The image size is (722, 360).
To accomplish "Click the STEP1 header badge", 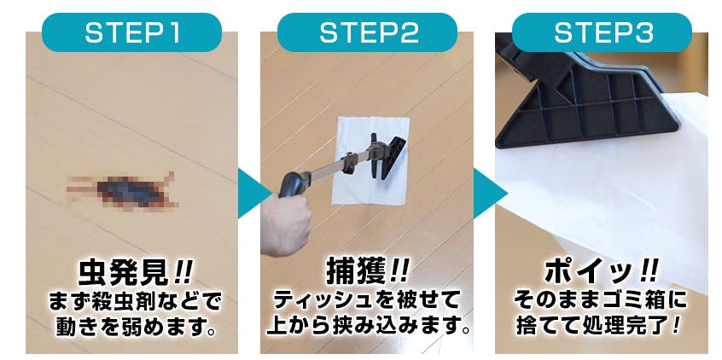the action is point(131,32).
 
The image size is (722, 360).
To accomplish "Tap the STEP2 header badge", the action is point(367,32).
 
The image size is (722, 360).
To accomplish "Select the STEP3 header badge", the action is point(602,32).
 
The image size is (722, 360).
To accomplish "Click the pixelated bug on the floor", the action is point(122,191).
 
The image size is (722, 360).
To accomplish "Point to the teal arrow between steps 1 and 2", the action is point(253,193).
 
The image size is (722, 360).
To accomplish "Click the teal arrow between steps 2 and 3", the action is point(488,193).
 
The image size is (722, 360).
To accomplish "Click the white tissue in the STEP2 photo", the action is point(370,160).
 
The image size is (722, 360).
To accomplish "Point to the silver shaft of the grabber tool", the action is point(339,165).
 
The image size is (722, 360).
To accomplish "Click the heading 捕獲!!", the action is point(367,274).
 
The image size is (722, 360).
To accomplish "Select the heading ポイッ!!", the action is point(601,272).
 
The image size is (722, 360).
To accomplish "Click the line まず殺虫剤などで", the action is point(135,303).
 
